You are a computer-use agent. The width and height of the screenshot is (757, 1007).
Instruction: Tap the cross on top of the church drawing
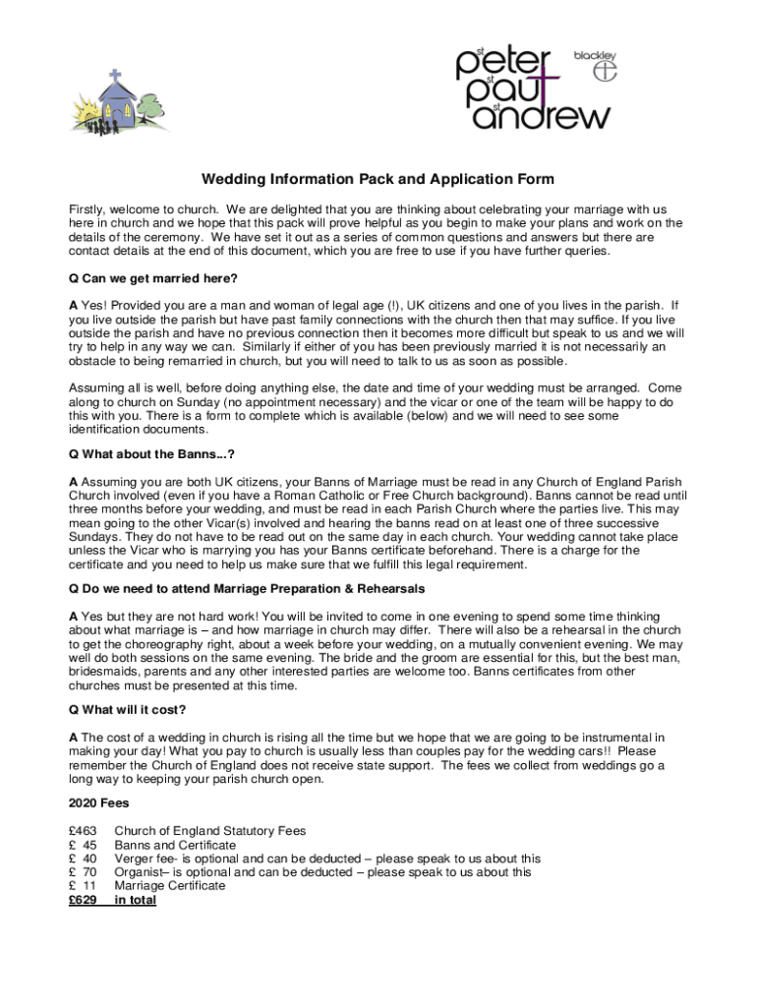point(115,75)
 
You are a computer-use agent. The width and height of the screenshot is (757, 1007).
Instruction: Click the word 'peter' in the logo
point(509,64)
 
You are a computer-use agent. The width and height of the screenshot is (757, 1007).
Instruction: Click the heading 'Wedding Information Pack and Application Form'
point(378,179)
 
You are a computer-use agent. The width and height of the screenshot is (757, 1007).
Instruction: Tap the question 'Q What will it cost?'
point(127,709)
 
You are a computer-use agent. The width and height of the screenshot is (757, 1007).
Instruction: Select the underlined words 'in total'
point(135,900)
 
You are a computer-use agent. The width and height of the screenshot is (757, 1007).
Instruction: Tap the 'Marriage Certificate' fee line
point(170,886)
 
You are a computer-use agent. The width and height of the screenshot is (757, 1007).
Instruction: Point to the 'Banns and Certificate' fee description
point(175,845)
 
